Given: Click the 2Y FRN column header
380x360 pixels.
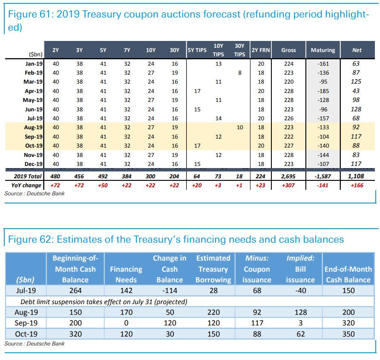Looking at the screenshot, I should [261, 50].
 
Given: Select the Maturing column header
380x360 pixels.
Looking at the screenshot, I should [322, 50].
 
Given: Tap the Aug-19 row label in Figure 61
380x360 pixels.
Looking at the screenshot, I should [33, 128].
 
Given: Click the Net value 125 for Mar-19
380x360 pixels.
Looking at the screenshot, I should [356, 81].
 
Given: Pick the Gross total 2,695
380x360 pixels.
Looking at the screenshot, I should [288, 176].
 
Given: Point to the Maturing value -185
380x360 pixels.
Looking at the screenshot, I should [323, 91].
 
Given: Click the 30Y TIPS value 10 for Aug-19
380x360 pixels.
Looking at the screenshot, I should [240, 128].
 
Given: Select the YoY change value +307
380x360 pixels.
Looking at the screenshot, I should [288, 186].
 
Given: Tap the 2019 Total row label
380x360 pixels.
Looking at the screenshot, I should [27, 176].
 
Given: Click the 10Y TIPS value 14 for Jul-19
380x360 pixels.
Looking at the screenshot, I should [218, 118].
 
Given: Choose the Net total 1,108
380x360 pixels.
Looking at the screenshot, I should [356, 176].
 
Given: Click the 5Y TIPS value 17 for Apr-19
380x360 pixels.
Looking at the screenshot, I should [197, 91].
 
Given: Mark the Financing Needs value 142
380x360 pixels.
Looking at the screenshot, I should [126, 291].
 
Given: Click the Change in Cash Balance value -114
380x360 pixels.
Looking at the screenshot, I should [170, 291].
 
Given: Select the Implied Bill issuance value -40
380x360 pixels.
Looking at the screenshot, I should [301, 291].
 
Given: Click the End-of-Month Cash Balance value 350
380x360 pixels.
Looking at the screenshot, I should [348, 334].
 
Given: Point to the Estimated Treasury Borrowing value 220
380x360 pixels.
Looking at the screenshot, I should [213, 312].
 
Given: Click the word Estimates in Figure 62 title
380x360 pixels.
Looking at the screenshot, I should [75, 239].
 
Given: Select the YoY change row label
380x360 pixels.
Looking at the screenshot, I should [26, 186].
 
